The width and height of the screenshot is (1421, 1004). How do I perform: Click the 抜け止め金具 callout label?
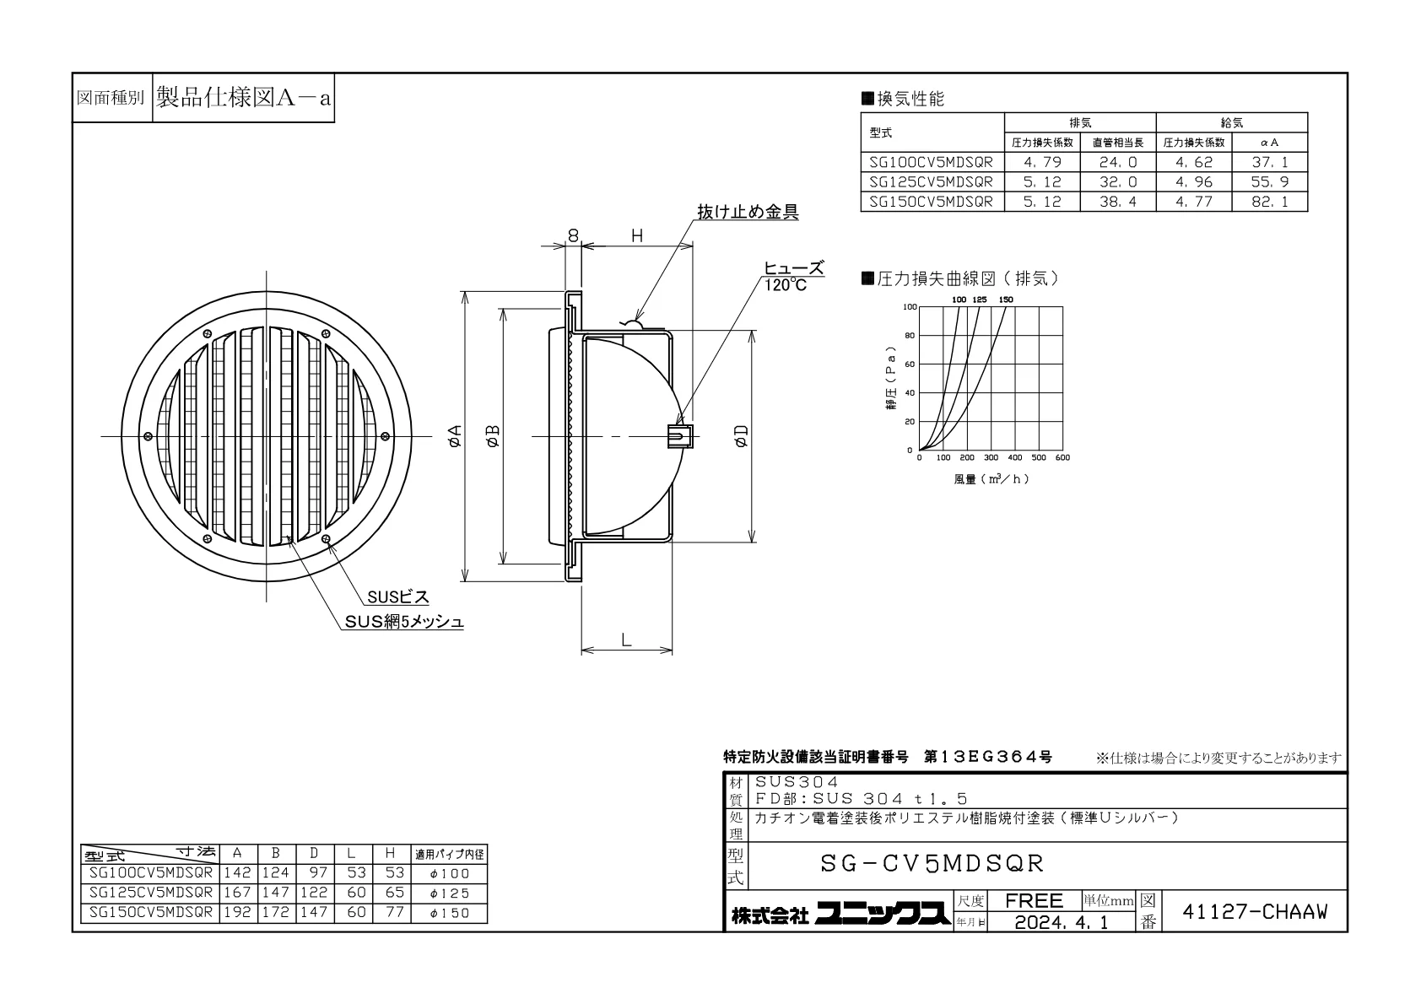748,212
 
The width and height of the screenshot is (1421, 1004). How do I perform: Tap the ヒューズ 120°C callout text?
793,277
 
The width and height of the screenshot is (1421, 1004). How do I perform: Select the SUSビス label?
398,596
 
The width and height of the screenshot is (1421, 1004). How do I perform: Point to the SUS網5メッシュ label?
404,622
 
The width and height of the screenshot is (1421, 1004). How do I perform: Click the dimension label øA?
455,436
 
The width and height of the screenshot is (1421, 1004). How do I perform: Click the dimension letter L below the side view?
626,640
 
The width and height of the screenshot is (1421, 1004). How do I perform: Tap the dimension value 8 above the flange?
573,236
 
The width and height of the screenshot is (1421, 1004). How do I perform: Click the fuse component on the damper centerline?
680,436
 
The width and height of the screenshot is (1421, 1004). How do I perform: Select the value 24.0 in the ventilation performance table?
1118,162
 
